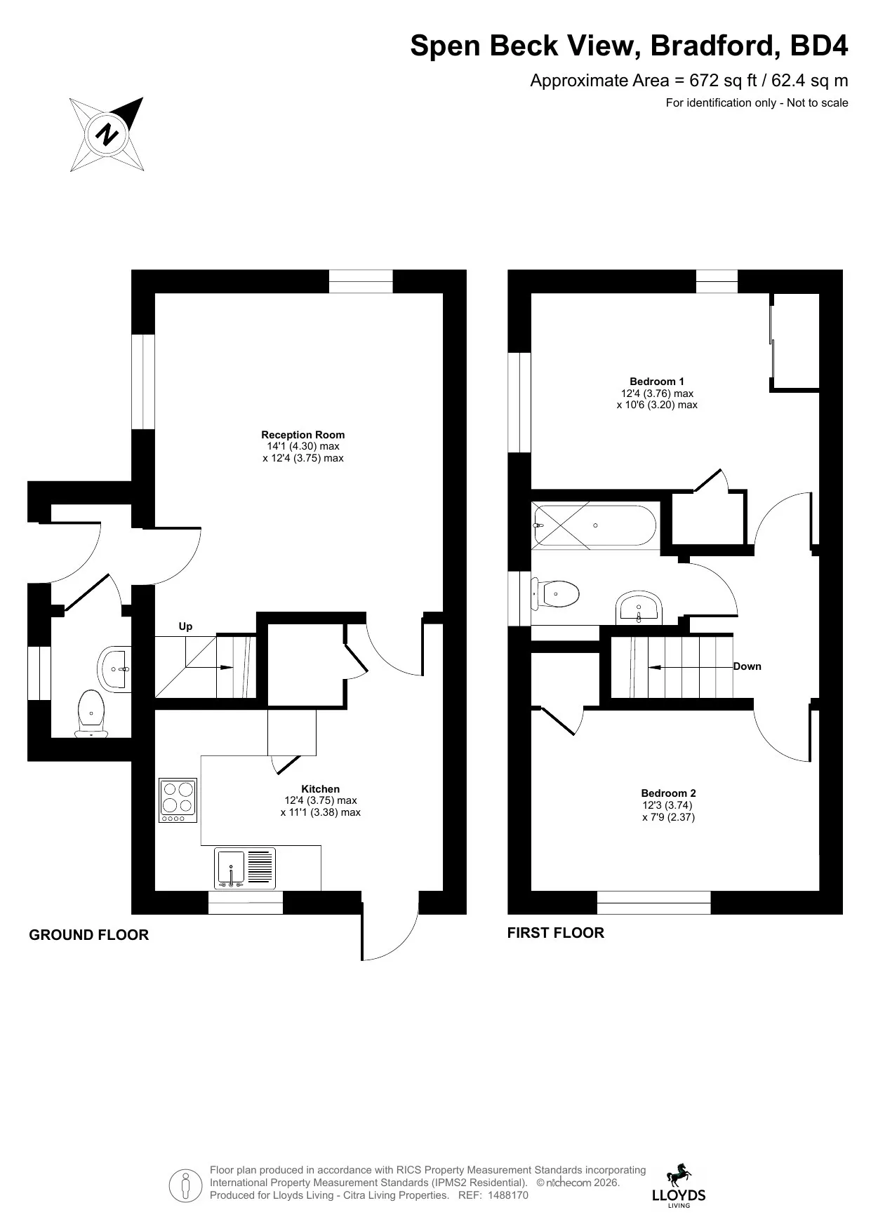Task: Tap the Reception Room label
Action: (303, 435)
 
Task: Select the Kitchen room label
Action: (321, 789)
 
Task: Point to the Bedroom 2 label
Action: (669, 793)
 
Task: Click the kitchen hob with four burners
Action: (178, 801)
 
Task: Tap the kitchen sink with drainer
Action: (245, 868)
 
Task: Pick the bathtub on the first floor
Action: (595, 525)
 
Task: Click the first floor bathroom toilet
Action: (555, 594)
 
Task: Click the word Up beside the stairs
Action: (185, 626)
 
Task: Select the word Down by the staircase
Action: (747, 666)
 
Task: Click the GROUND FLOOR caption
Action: (89, 935)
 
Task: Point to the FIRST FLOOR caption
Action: (556, 933)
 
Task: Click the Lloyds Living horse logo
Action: (679, 1185)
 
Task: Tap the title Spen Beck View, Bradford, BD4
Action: (629, 46)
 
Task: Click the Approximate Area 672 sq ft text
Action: (689, 81)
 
